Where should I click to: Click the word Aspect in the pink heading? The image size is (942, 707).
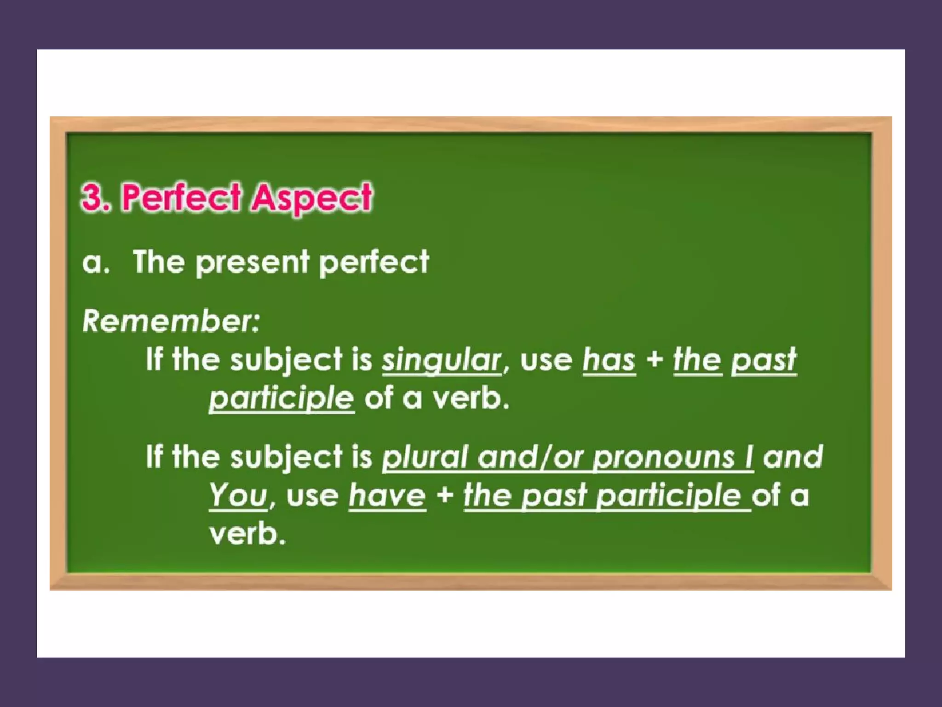pos(312,198)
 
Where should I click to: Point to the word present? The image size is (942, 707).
pos(253,263)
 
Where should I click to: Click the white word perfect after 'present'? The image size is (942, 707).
pos(373,263)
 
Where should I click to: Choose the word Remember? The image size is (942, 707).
pos(171,321)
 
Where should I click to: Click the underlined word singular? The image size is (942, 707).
pos(442,360)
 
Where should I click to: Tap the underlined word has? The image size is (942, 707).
pos(609,360)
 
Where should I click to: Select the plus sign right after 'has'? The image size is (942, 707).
pos(655,360)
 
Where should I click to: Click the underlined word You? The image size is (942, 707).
pos(238,496)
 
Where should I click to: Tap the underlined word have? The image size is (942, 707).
pos(387,496)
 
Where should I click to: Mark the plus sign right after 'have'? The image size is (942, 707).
pos(445,496)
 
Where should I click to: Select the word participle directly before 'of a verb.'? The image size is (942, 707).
pos(281,399)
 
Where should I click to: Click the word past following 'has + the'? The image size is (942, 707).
pos(764,360)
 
